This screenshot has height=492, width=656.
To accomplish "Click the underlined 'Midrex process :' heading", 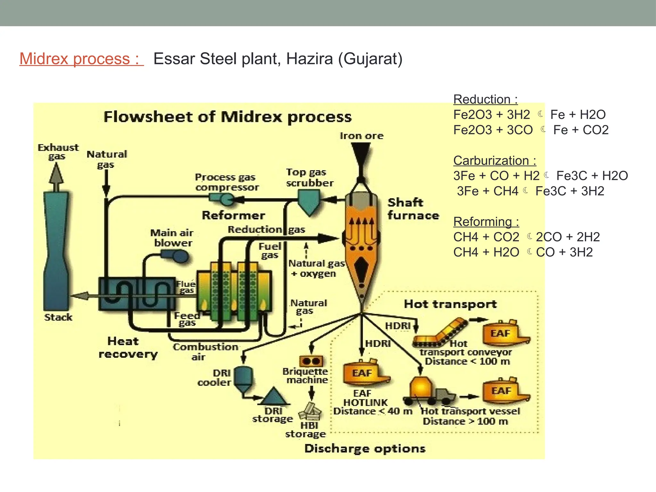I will click(81, 59).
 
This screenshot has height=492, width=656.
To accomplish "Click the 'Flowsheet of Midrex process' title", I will click(227, 117).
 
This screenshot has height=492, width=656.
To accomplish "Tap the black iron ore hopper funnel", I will click(361, 154).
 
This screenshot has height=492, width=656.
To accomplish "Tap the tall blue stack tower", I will click(57, 250).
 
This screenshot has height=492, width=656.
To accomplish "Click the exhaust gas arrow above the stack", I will click(56, 176).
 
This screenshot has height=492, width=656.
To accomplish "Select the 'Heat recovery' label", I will click(127, 348).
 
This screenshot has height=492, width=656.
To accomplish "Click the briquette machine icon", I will click(311, 361).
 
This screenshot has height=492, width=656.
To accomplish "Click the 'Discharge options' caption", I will click(365, 448).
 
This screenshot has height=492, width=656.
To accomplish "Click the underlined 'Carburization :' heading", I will click(494, 160).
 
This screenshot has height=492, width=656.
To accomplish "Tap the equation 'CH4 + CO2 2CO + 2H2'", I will click(526, 237).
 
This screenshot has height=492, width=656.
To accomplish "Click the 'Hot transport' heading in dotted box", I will click(450, 304).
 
